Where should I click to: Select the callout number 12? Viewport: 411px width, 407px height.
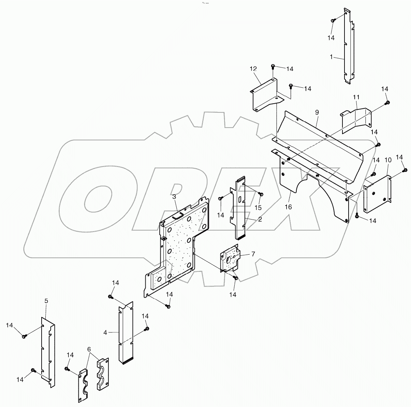[253, 69]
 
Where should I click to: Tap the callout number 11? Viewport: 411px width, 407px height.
[356, 97]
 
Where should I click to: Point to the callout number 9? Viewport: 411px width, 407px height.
[317, 112]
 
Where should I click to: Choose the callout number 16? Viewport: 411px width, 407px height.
[289, 207]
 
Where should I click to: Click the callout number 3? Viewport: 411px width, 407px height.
[174, 197]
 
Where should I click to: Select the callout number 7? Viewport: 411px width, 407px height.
[253, 254]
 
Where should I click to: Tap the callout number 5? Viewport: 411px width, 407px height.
[46, 301]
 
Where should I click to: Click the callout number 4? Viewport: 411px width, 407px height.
[105, 332]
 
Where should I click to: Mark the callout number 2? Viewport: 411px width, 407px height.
[260, 220]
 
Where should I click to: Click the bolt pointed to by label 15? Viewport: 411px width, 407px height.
[262, 194]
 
